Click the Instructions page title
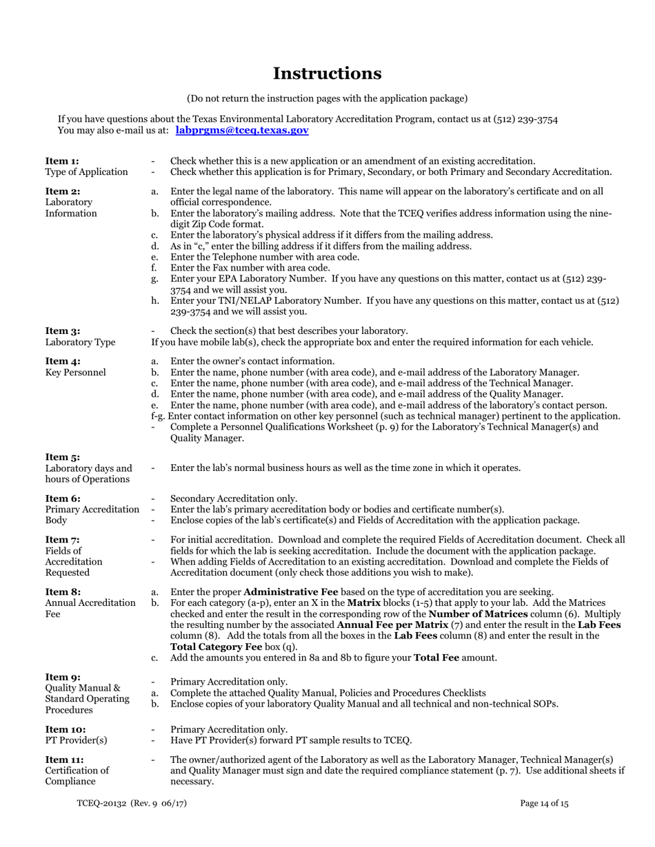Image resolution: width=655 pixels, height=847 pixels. click(327, 73)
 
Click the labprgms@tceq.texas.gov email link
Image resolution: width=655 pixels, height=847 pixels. click(242, 129)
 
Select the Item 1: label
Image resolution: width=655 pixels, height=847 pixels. click(62, 161)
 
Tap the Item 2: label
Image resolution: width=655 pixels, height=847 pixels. click(62, 191)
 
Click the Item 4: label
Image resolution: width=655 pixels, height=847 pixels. click(62, 362)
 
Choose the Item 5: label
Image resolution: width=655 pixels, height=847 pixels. click(62, 457)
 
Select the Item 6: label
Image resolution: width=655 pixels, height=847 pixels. click(62, 499)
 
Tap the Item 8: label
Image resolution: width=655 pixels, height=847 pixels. click(62, 592)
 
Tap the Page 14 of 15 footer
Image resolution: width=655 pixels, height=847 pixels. click(545, 803)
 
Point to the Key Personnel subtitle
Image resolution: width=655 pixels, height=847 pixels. click(76, 373)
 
